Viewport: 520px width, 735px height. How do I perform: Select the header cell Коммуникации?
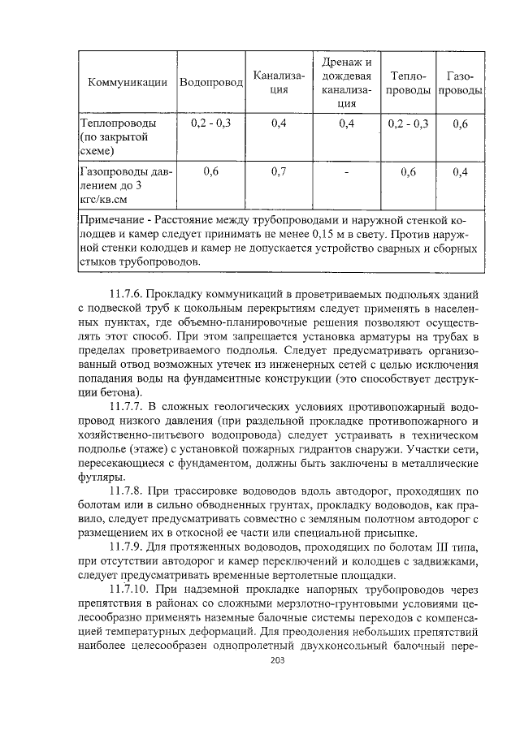[x=127, y=82]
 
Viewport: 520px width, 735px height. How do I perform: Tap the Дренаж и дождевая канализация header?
[x=346, y=82]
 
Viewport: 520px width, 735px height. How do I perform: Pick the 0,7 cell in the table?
[x=279, y=171]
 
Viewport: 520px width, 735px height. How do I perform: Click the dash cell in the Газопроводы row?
[x=346, y=171]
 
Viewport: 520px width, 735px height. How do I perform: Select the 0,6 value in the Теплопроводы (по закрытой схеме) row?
[x=460, y=123]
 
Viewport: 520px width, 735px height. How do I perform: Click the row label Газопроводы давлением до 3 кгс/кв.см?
[x=122, y=184]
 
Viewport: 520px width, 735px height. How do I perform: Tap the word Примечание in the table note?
[x=114, y=221]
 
